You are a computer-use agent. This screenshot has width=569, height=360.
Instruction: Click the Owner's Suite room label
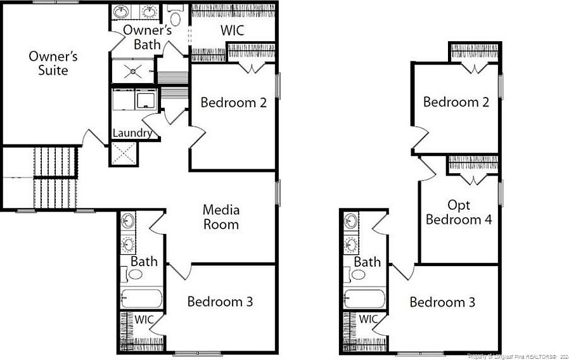[53, 63]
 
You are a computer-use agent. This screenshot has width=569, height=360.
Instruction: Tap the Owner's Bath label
[148, 37]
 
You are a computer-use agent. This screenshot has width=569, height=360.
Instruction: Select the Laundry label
[132, 133]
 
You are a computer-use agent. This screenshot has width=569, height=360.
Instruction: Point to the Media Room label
[221, 216]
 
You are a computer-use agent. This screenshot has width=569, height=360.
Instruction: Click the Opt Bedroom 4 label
[459, 212]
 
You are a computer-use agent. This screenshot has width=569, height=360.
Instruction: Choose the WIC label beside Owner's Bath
[232, 30]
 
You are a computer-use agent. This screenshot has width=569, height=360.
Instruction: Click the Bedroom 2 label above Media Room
[233, 103]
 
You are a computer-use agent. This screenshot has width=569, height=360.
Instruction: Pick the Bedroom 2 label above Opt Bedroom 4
[456, 102]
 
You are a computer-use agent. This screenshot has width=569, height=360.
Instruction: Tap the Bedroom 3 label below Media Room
[220, 302]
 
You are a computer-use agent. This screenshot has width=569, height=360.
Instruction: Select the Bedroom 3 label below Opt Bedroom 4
[442, 302]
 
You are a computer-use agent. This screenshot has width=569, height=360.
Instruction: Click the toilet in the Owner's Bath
[176, 16]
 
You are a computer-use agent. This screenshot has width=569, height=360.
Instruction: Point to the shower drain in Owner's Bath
[133, 70]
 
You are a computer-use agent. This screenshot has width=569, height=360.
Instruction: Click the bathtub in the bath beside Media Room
[142, 298]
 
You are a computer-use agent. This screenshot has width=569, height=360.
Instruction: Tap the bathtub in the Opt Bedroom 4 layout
[364, 299]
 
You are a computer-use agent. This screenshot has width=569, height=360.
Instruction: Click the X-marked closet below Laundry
[123, 153]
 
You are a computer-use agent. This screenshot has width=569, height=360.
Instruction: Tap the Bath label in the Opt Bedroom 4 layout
[368, 262]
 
